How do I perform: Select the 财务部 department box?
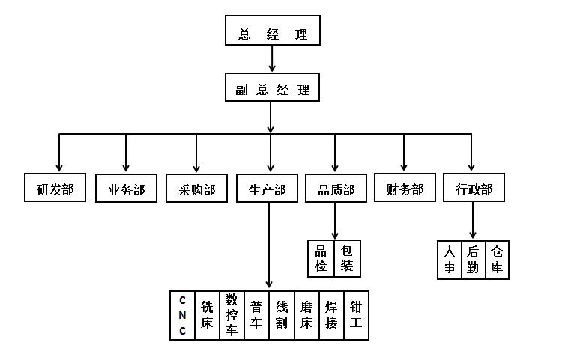click(x=405, y=189)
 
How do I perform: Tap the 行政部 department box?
click(x=474, y=188)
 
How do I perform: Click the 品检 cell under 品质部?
click(x=321, y=257)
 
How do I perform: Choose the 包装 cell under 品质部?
click(x=346, y=257)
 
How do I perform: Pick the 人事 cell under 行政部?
click(x=450, y=260)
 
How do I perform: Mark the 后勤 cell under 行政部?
click(x=473, y=260)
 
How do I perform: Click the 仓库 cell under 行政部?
click(x=497, y=260)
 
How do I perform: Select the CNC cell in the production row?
click(x=182, y=315)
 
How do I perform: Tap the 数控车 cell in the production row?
click(x=232, y=315)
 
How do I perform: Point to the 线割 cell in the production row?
click(x=281, y=315)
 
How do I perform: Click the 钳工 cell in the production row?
click(x=356, y=315)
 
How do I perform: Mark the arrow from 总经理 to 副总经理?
click(x=272, y=61)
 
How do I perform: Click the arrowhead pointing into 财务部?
click(x=405, y=167)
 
